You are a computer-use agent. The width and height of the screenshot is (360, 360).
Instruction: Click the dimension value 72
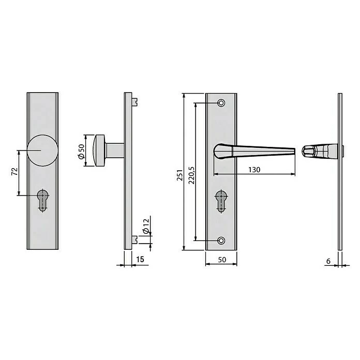pos(14,173)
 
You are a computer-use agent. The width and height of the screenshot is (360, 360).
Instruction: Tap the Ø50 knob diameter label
pos(81,151)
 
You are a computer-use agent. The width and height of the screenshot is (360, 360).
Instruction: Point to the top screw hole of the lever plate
pos(222,103)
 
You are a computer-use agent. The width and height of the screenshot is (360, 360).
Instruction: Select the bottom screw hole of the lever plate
pos(222,241)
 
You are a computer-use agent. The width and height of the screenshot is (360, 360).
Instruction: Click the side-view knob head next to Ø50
pos(99,151)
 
